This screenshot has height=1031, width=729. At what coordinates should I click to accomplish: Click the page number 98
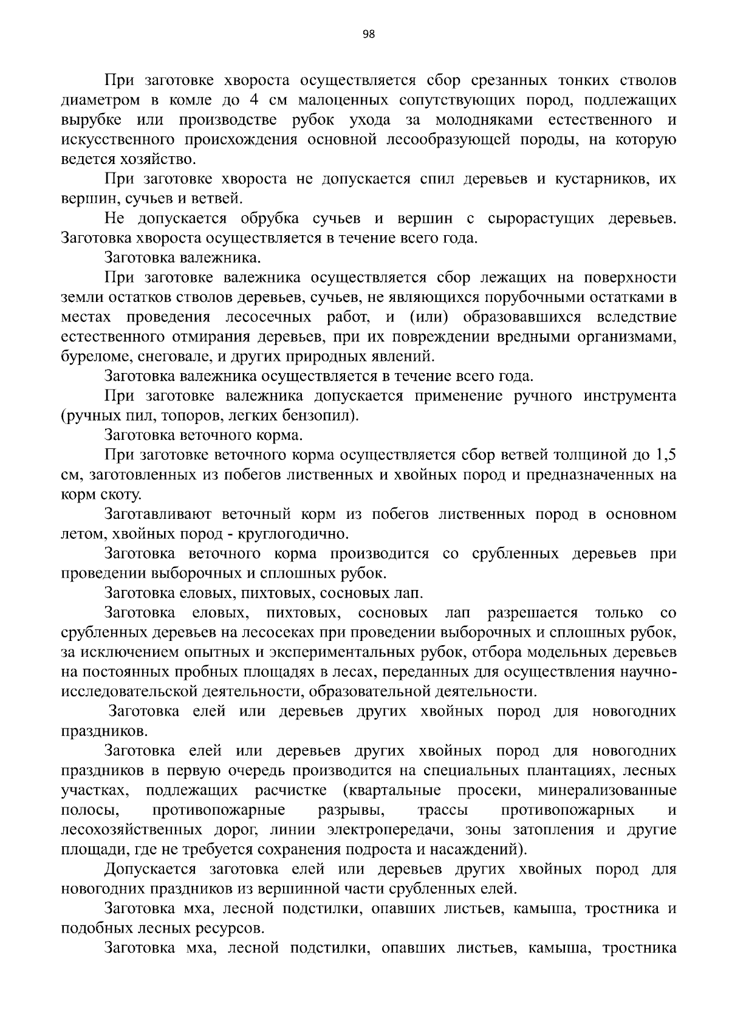368,34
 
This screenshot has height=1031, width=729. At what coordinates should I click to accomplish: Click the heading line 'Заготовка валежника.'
182,258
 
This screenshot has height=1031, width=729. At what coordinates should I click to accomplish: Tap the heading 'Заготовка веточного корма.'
204,436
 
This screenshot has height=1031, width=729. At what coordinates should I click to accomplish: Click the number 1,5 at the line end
665,455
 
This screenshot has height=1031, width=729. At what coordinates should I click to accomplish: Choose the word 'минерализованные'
607,791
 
